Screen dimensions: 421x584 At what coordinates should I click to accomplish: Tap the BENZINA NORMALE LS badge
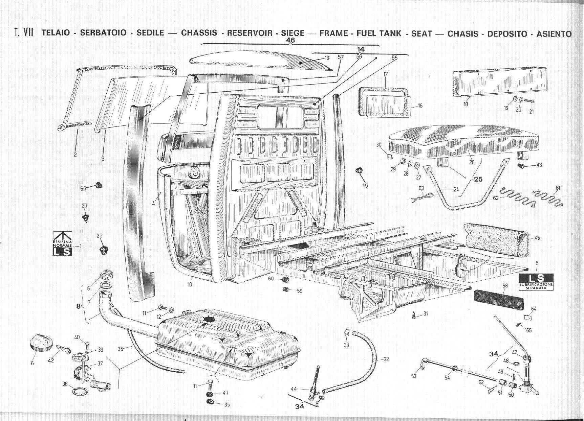[63, 244]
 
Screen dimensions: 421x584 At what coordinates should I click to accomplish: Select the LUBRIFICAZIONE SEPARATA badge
[536, 282]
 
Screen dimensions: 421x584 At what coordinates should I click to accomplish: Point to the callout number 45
[537, 238]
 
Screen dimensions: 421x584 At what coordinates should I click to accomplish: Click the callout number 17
[386, 74]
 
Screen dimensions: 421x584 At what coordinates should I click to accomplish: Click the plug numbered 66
[99, 186]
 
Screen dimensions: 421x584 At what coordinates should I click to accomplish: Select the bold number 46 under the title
[290, 40]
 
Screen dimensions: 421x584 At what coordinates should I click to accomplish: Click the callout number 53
[414, 376]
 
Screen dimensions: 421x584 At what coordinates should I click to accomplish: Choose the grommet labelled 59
[286, 289]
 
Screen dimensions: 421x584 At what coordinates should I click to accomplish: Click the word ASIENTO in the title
[554, 34]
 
